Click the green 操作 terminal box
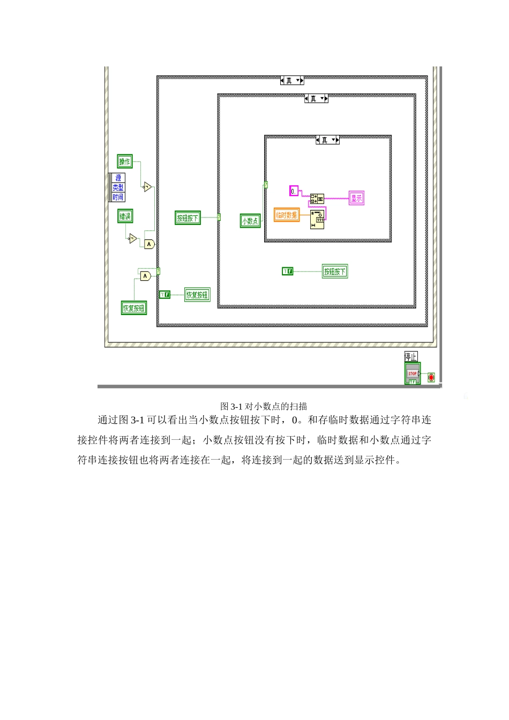pos(125,161)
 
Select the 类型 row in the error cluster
pos(118,187)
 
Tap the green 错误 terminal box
pos(125,216)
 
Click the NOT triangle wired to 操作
pos(147,187)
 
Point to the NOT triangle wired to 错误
pos(132,238)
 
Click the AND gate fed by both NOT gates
pos(149,244)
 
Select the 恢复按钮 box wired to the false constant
pos(197,295)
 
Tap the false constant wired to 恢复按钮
pos(165,295)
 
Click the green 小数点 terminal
pos(250,221)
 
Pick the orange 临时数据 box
pos(287,215)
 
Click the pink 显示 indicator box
pos(356,198)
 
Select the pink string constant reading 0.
pos(294,191)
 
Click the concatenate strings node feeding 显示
pos(317,199)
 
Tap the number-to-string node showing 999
pos(317,220)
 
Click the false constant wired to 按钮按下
pos(288,272)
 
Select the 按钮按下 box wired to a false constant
pos(334,272)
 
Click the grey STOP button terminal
pos(412,373)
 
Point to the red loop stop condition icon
pos(431,378)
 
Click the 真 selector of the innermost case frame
pos(327,140)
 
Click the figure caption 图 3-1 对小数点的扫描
pos(264,406)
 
